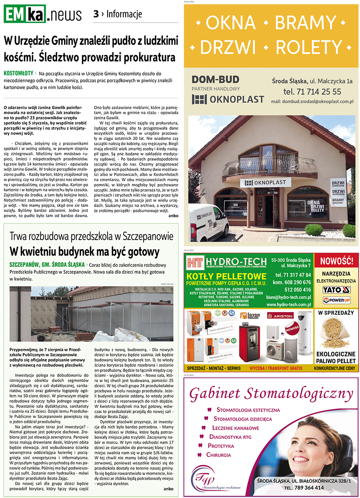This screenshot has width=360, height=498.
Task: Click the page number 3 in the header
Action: (x=96, y=14)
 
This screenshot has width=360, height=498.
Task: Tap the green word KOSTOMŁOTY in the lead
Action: (x=18, y=74)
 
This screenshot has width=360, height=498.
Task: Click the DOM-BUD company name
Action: (x=215, y=79)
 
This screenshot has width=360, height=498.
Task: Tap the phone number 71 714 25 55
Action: (x=312, y=92)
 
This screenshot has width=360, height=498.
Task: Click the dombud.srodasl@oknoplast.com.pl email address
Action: (x=312, y=102)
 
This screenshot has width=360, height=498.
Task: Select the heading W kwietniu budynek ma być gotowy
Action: (x=84, y=252)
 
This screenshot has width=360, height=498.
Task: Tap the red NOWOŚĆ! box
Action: (x=337, y=261)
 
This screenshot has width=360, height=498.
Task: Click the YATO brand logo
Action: (x=336, y=290)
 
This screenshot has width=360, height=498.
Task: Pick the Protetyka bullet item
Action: (x=221, y=446)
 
